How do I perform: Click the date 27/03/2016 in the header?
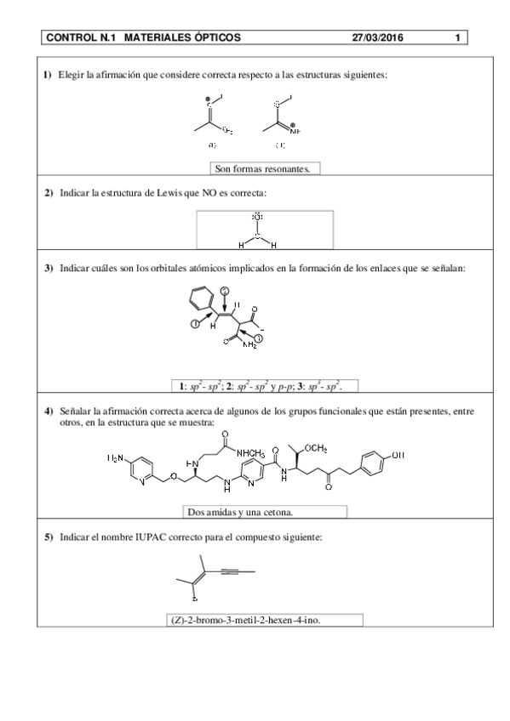[x=377, y=38]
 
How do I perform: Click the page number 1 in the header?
[x=457, y=38]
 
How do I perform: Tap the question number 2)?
[x=49, y=194]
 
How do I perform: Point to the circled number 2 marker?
[x=225, y=292]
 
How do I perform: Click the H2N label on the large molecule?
[x=119, y=458]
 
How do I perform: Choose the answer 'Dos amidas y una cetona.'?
[x=265, y=512]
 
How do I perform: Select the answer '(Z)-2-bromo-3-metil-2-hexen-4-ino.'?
[x=249, y=619]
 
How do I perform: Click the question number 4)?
[x=49, y=411]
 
